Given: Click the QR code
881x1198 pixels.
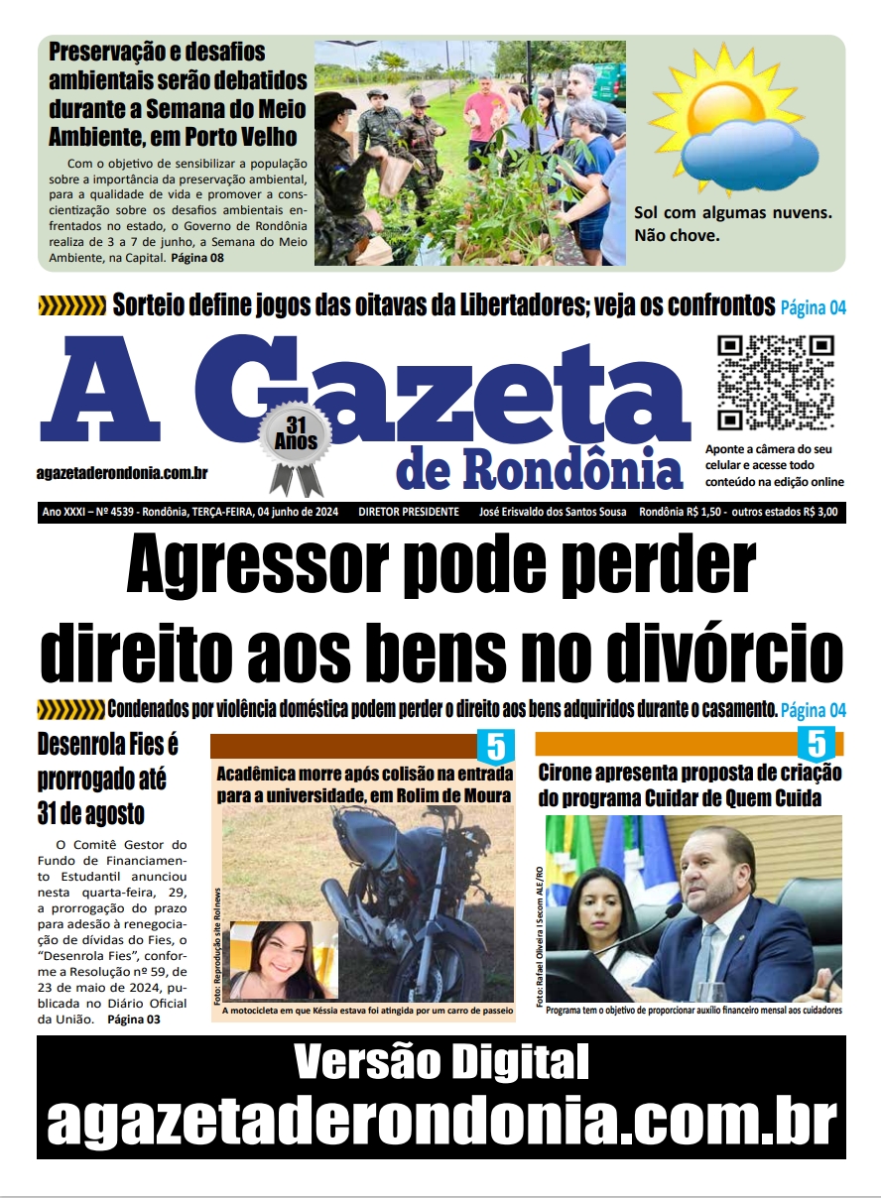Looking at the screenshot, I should [776, 383].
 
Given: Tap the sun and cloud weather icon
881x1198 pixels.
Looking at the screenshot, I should [739, 126].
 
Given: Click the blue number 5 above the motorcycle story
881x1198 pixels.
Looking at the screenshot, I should [495, 746].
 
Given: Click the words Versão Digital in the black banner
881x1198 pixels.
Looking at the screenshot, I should [440, 1063].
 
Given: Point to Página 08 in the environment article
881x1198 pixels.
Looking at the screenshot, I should [198, 258].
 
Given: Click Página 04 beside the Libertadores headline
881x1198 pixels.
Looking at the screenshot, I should [813, 306].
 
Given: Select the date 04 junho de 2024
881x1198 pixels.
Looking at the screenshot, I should [298, 512].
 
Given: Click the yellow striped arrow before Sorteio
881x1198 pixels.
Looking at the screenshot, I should [71, 305].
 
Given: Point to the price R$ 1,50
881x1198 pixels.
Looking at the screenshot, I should [702, 512].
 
